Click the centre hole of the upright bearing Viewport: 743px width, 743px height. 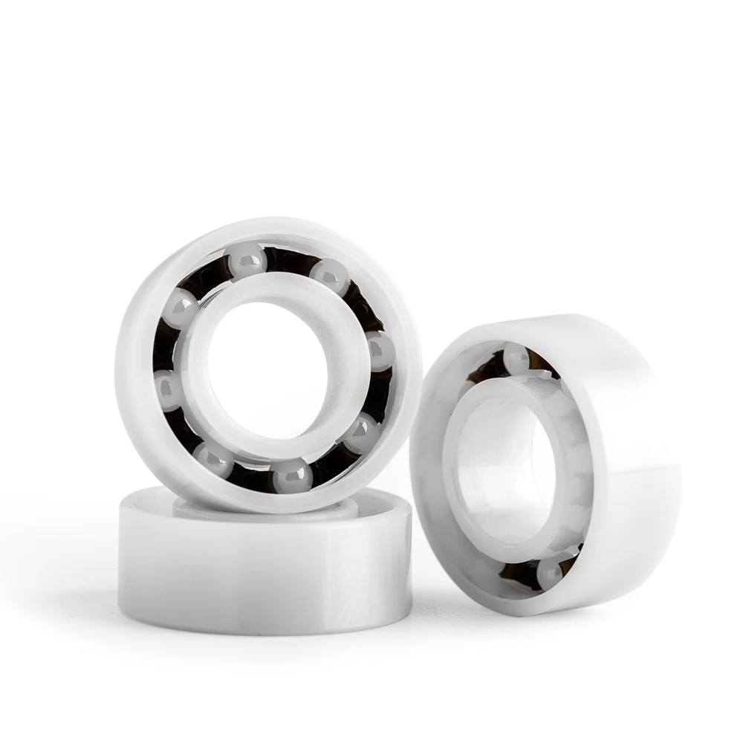coord(267,368)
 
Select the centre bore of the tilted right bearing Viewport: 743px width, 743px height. coord(505,468)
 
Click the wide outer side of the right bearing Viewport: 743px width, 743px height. coord(632,416)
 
